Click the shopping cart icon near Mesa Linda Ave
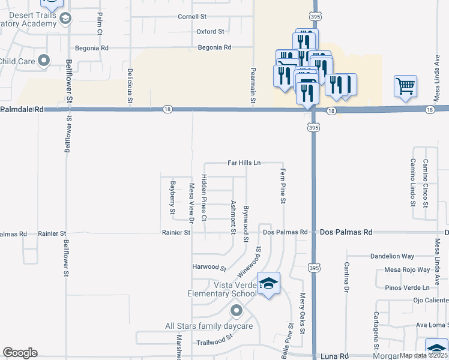pos(406,86)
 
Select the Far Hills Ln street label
pos(244,163)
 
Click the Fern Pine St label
pos(281,186)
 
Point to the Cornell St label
pos(192,17)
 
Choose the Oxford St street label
pos(210,31)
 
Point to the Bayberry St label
pos(172,197)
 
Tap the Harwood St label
pos(209,267)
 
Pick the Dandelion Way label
pos(392,256)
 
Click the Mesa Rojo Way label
pos(408,270)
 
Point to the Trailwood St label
pos(214,341)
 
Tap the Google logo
pos(20,353)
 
